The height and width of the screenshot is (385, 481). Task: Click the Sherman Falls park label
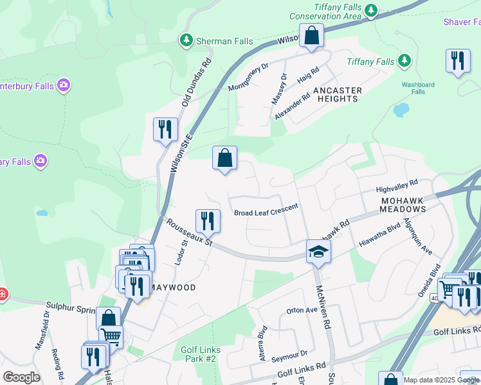click(214, 41)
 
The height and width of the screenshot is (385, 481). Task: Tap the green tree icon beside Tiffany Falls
click(404, 61)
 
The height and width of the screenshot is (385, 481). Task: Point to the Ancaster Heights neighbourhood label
click(337, 94)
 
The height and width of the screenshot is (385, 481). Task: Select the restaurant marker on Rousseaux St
click(208, 221)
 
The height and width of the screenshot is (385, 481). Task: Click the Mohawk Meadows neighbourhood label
click(403, 205)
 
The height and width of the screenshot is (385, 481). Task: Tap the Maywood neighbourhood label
click(174, 287)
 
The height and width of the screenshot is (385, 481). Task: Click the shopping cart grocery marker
click(111, 337)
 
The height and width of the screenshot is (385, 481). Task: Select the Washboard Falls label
click(418, 88)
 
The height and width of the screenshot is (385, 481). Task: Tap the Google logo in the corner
click(21, 377)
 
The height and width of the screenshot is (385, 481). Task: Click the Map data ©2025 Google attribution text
click(442, 380)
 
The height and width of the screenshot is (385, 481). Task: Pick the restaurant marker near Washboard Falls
click(457, 62)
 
